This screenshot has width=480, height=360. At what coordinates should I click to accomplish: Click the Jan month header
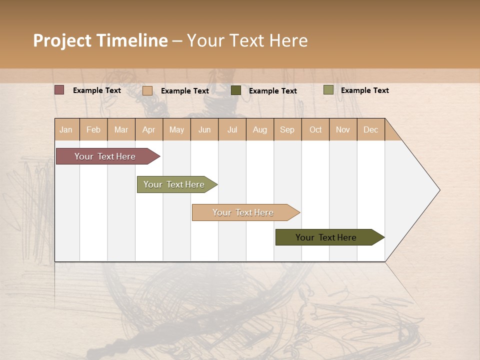(66, 129)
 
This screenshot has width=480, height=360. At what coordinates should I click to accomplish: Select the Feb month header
(93, 129)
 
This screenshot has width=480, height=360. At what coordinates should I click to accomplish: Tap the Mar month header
(121, 129)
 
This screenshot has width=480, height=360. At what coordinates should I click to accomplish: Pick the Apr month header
(148, 129)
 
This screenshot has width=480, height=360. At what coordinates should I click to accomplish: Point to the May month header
(176, 129)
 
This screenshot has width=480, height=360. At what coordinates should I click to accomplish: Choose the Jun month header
(204, 129)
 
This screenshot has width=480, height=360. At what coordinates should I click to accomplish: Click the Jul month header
(232, 129)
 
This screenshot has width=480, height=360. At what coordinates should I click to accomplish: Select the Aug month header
(259, 129)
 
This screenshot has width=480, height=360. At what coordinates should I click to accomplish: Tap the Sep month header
(287, 129)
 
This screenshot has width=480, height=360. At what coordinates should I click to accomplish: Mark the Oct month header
(315, 129)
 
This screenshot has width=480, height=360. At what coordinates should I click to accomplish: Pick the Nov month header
(343, 129)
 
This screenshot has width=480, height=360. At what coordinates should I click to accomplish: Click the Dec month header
(370, 129)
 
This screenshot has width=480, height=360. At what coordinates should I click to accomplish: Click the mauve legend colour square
(59, 90)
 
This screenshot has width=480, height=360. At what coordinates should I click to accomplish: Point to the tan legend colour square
(147, 90)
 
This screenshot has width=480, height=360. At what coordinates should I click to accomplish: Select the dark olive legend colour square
(236, 90)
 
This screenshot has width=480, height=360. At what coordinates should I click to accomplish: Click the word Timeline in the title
(132, 40)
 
